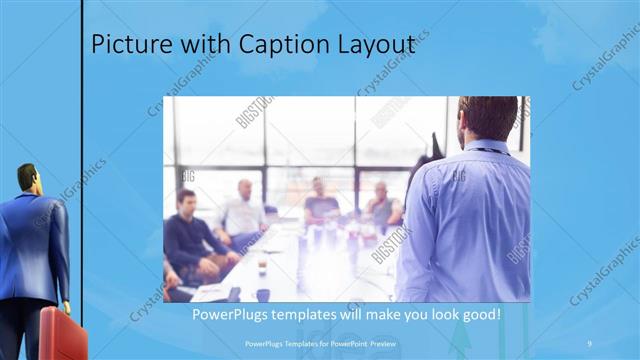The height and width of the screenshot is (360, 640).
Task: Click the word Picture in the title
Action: [124, 45]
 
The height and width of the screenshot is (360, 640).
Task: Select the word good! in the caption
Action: [480, 315]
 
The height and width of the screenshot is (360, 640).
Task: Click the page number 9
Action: [590, 343]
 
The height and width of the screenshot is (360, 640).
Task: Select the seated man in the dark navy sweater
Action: [189, 235]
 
